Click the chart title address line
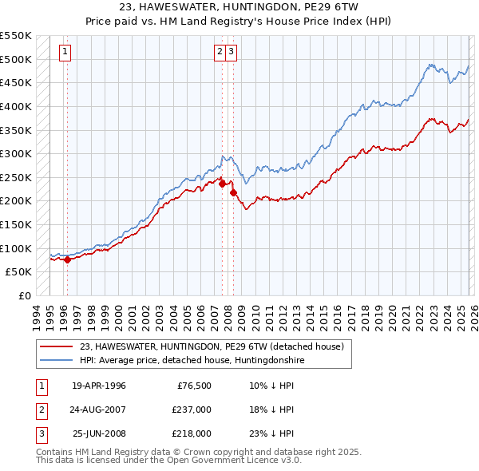tap(239, 6)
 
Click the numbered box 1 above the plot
tap(65, 52)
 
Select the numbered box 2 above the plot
tap(219, 52)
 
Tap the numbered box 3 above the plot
tap(231, 52)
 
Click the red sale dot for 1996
tap(68, 259)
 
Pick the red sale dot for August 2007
tap(222, 184)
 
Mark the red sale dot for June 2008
tap(233, 192)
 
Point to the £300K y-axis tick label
tap(16, 153)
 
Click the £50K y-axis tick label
tap(18, 271)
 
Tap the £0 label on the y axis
tap(24, 295)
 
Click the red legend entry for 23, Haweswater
tap(212, 346)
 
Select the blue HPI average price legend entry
tap(192, 361)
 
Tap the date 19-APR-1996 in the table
tap(99, 386)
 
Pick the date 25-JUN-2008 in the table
tap(99, 433)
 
